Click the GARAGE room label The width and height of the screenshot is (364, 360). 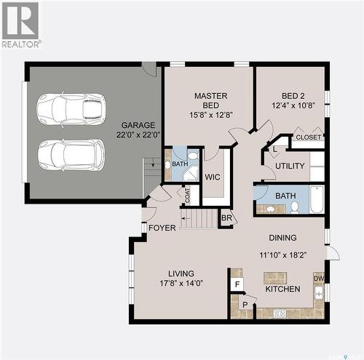(x=138, y=125)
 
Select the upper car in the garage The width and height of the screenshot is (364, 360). (x=71, y=109)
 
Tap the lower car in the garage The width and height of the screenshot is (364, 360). (x=71, y=154)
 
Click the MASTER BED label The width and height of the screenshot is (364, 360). (x=210, y=100)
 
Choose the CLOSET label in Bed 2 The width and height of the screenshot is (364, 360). (x=309, y=137)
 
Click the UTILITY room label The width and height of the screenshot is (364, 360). (x=290, y=167)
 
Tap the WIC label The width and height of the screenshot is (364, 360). (x=213, y=177)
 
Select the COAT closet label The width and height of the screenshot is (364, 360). (x=187, y=195)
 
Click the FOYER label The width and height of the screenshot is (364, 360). (x=162, y=228)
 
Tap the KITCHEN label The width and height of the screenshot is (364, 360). (x=282, y=289)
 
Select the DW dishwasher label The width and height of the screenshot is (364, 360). (x=318, y=278)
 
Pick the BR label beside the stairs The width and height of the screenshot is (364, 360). (x=226, y=218)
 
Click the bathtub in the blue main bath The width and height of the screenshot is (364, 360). (x=317, y=199)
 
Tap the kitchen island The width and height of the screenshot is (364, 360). (x=275, y=277)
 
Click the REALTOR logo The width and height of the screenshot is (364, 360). (x=20, y=25)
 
